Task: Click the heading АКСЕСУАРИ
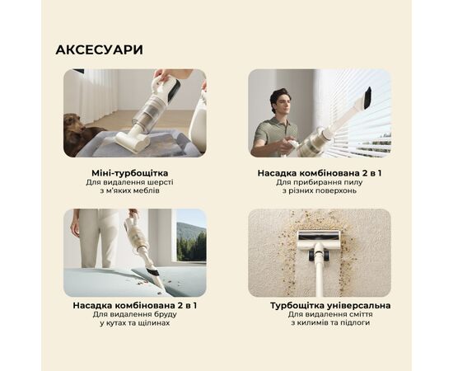coord(99,49)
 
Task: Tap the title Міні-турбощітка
coord(129,173)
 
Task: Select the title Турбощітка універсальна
coord(330,305)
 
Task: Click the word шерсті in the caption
coord(161,182)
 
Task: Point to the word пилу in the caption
coord(353,182)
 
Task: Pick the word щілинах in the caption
coord(156,323)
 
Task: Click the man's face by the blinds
coord(282,104)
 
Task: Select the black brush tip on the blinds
coord(367,98)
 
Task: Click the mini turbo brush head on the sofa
coord(133,142)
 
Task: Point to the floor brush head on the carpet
coord(319,237)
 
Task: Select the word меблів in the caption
coord(147,190)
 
